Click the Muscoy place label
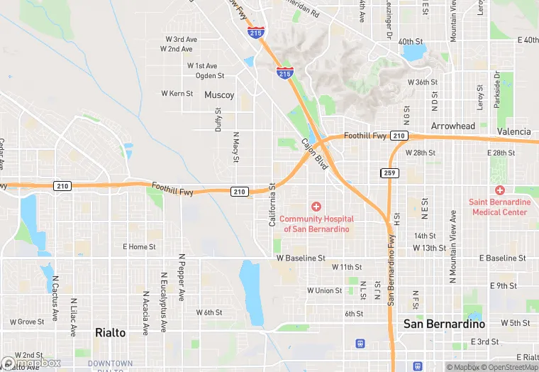click(219, 94)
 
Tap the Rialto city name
click(110, 332)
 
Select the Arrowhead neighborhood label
click(453, 126)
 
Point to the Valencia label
click(513, 131)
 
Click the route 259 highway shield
click(389, 173)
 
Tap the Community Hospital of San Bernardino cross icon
click(316, 206)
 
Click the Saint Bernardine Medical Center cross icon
click(500, 190)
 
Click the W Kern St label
click(177, 94)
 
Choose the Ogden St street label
click(210, 75)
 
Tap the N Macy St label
click(236, 147)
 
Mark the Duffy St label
click(218, 119)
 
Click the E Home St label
click(139, 247)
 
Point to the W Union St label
click(325, 290)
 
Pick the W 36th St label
click(423, 82)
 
